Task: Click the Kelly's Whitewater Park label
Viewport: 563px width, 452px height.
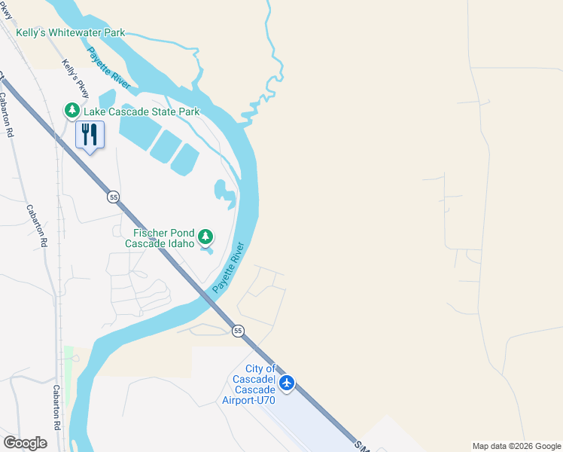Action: tap(72, 33)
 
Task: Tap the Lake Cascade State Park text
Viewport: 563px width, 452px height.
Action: tap(142, 111)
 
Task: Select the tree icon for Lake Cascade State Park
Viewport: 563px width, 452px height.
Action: tap(72, 111)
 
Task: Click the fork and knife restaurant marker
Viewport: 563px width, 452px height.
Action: tap(90, 135)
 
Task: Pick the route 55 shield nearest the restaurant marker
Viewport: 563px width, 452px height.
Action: tap(113, 197)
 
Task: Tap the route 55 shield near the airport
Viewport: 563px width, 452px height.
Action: tap(238, 331)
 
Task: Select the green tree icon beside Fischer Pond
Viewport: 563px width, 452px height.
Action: tap(205, 239)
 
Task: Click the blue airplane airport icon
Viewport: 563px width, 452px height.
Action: tap(286, 383)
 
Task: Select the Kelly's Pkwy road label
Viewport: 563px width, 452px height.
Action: tap(76, 78)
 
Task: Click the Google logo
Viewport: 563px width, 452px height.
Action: tap(25, 443)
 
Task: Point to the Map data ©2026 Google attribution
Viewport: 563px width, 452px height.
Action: tap(516, 446)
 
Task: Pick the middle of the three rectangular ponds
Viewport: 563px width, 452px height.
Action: tap(165, 145)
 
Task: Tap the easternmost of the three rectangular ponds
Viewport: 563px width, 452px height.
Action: tap(184, 159)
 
